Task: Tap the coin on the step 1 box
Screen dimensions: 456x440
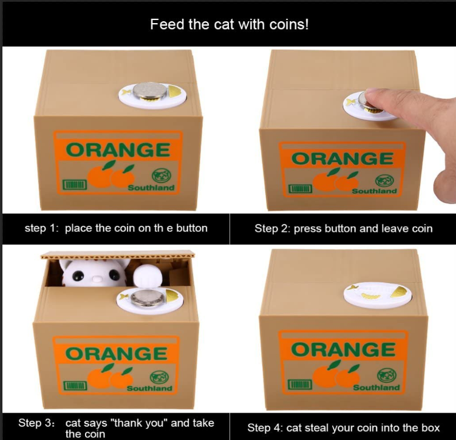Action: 150,90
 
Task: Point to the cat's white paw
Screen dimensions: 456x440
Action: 147,277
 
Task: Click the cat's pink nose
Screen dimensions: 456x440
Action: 97,279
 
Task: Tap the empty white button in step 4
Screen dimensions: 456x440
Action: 378,295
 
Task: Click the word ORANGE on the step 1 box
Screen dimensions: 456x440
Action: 118,150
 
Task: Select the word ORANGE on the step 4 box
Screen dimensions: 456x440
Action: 343,350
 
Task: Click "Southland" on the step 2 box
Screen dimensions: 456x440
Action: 374,191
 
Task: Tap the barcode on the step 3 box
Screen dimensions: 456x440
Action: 75,385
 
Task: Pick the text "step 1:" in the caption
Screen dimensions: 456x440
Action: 41,228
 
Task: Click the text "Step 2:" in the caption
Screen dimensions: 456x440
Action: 273,228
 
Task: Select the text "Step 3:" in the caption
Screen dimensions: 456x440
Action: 36,422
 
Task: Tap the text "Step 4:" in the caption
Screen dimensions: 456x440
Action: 265,428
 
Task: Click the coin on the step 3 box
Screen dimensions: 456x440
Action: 148,298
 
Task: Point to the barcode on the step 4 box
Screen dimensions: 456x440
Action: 300,384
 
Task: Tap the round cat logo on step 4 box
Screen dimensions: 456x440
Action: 387,376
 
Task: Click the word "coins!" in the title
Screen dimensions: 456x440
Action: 289,24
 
